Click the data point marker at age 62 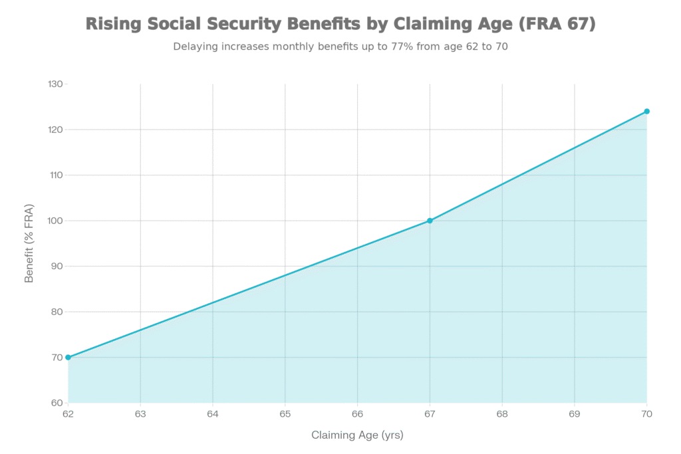pos(68,358)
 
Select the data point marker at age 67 pos(430,221)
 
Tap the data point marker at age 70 pos(646,112)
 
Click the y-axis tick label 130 pos(55,84)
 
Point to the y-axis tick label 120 pos(55,130)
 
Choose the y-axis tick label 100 pos(55,221)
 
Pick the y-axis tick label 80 pos(57,312)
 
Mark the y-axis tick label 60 pos(57,403)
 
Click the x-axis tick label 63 pos(140,414)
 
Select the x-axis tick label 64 pos(213,414)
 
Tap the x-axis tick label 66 pos(358,414)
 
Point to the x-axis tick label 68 pos(502,414)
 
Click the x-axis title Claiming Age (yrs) pos(357,435)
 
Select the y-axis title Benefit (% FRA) pos(29,243)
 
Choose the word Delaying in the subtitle pos(194,47)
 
